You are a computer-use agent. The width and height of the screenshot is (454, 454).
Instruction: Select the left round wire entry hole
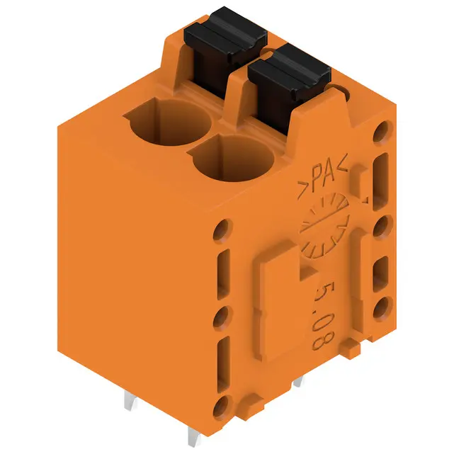[169, 121]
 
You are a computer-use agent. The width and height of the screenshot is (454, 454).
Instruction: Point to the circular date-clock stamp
[325, 225]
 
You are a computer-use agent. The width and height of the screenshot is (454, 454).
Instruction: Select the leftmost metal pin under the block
[130, 400]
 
